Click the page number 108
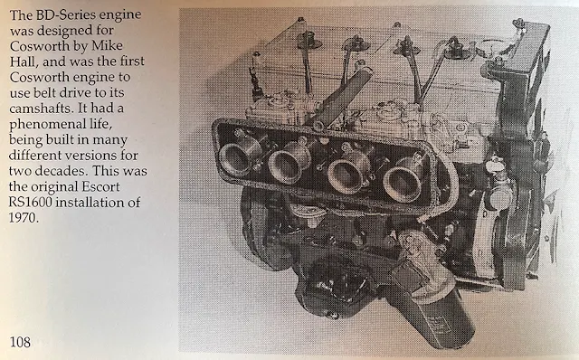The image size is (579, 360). tap(20, 342)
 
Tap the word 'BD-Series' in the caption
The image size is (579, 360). tap(58, 14)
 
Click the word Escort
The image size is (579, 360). tap(101, 186)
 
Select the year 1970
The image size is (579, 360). tap(24, 218)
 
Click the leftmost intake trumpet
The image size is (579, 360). tap(239, 156)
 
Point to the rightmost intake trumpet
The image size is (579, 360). tap(403, 181)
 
